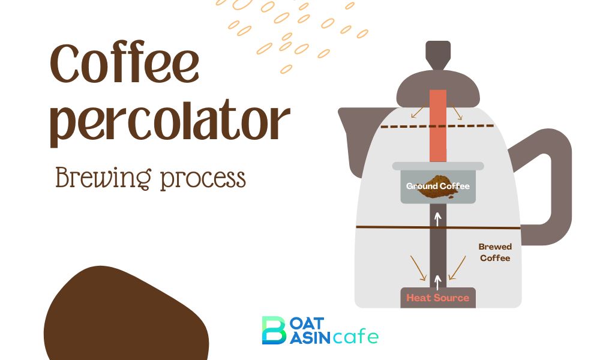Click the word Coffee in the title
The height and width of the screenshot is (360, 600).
point(124,64)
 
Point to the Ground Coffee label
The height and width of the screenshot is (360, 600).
point(438,186)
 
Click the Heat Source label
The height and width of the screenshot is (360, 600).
point(437,298)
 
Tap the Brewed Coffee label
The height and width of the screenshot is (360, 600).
point(495,252)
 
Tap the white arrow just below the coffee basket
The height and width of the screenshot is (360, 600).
point(438,219)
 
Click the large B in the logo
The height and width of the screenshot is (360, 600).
point(274,330)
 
